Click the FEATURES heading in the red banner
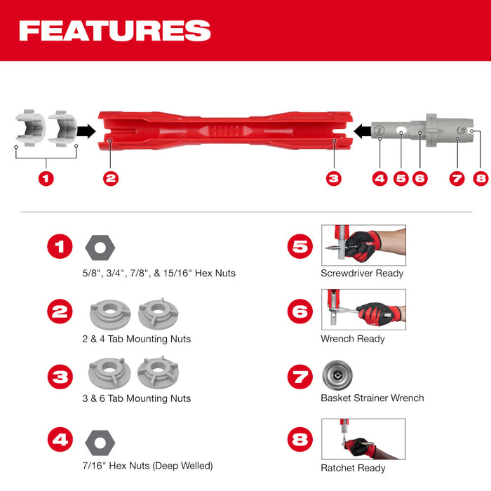[114, 31]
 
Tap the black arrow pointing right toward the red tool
[86, 130]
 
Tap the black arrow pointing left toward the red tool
[362, 130]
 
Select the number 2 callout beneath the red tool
[110, 178]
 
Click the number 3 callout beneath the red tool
[334, 178]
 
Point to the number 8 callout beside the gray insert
[480, 178]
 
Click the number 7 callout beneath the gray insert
[457, 178]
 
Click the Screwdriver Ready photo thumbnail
[363, 245]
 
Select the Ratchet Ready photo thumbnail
[363, 438]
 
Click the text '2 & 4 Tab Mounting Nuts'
[136, 339]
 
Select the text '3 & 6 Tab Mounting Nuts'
[136, 398]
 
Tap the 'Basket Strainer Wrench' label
[372, 398]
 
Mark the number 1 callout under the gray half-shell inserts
[46, 178]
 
